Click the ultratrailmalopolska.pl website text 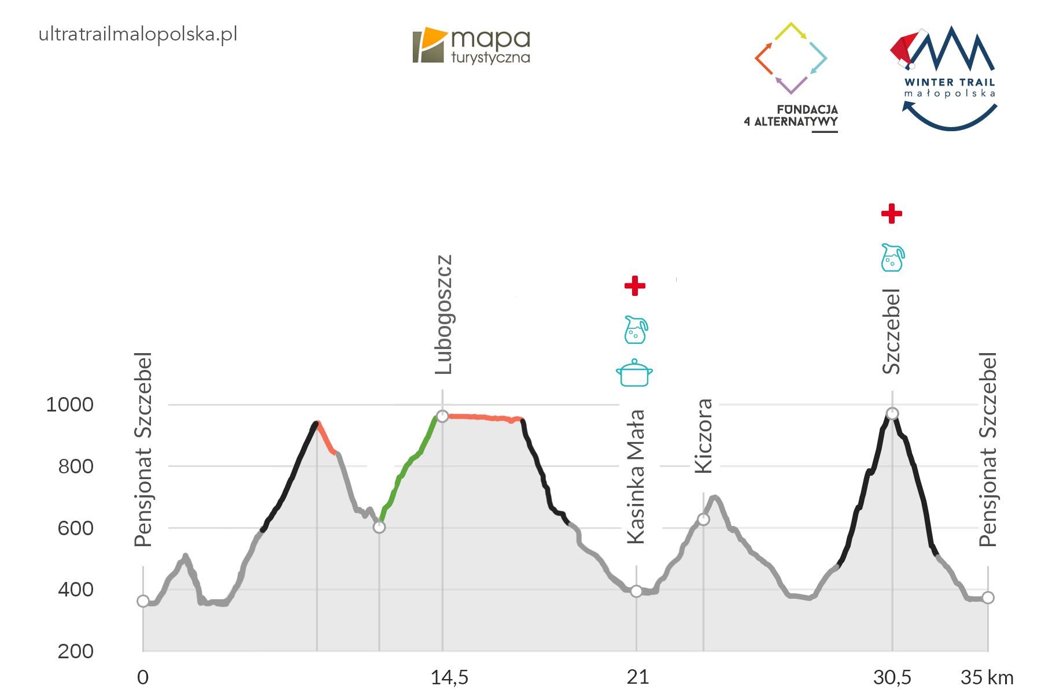(x=138, y=34)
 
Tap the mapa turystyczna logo (x=471, y=45)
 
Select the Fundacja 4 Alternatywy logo (x=791, y=75)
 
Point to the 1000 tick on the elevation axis (x=69, y=405)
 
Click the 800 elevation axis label (x=76, y=466)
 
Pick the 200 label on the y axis (x=76, y=651)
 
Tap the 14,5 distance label (x=449, y=677)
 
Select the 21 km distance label (x=637, y=677)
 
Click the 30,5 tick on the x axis (x=892, y=677)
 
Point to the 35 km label (x=987, y=677)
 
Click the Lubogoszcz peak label (x=444, y=314)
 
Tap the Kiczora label (x=703, y=436)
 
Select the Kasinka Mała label (x=636, y=477)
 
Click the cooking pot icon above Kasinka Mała (x=634, y=373)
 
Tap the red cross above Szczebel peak (x=892, y=213)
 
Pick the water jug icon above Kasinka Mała (x=636, y=329)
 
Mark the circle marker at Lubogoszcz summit (x=442, y=416)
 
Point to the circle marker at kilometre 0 (x=143, y=601)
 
